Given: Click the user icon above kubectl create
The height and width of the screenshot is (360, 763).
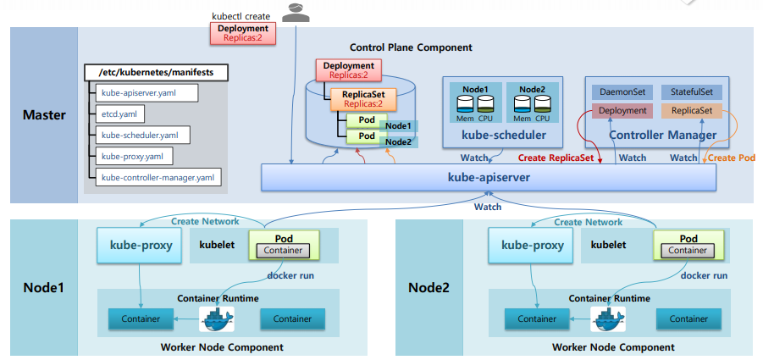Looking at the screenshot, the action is click(296, 12).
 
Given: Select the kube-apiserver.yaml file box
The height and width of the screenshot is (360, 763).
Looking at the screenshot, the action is click(147, 92).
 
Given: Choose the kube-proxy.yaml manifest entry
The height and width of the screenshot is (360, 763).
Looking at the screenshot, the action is click(134, 156).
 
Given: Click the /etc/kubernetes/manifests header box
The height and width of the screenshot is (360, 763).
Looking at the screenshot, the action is click(156, 73).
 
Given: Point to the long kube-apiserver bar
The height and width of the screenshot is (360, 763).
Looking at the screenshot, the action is click(489, 177).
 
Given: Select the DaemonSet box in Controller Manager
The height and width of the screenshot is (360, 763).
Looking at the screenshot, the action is click(622, 91).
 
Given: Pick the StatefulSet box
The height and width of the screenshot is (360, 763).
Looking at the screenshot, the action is click(692, 91).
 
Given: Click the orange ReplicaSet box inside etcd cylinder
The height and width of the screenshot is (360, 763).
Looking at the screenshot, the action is click(363, 99).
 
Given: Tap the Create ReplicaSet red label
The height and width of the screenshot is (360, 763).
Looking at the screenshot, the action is click(557, 158).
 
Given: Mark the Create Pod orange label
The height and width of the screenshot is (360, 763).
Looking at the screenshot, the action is click(732, 158).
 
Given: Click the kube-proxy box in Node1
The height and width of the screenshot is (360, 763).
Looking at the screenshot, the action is click(141, 245).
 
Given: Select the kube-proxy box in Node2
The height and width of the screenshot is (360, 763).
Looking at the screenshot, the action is click(533, 245).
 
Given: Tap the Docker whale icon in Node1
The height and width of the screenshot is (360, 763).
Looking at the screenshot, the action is click(217, 319).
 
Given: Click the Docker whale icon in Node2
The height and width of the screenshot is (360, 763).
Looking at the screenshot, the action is click(608, 319).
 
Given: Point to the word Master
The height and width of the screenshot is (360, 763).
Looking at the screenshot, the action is click(44, 115).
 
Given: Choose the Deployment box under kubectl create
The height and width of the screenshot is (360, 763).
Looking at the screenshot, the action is click(243, 32).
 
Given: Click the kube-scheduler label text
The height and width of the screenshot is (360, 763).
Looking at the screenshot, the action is click(502, 135).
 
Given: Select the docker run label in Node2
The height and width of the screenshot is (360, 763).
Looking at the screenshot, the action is click(704, 275).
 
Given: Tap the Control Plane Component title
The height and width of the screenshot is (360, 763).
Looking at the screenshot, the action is click(411, 47).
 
